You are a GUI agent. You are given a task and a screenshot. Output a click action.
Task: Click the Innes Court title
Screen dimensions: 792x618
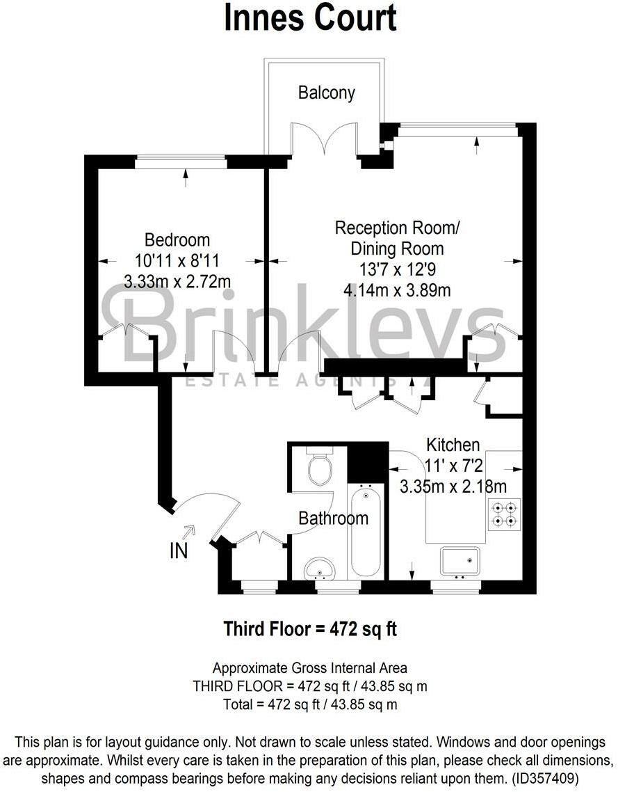coord(309,18)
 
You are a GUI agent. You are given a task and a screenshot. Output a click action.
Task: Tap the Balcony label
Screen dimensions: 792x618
coord(326,93)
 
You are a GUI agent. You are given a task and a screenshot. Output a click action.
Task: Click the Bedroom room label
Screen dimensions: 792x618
coord(177,240)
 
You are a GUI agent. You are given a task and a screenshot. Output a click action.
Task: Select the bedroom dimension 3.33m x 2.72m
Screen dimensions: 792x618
coord(177,282)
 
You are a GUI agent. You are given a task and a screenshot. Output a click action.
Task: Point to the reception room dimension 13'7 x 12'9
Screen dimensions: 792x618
coord(397,269)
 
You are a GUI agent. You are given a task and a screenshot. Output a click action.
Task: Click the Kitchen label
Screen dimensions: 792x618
coord(453,444)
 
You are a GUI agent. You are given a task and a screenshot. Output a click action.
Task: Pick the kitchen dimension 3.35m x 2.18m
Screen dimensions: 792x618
coord(453,486)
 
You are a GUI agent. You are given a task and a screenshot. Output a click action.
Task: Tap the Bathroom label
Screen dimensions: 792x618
coord(333,518)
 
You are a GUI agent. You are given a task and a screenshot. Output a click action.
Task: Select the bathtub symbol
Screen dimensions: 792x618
coord(366,532)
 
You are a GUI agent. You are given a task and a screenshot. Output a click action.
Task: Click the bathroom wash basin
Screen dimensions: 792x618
coord(320,569)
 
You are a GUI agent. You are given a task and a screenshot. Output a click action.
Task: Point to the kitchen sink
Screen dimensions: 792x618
coord(460,562)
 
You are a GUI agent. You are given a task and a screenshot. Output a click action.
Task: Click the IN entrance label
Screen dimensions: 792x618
coord(178,551)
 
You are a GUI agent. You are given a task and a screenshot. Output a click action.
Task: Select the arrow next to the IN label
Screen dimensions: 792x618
coord(189,532)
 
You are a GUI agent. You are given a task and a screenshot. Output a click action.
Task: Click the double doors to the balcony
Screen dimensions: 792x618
coord(325,139)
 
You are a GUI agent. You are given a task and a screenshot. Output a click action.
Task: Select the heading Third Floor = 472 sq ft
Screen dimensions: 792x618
coord(309,628)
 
